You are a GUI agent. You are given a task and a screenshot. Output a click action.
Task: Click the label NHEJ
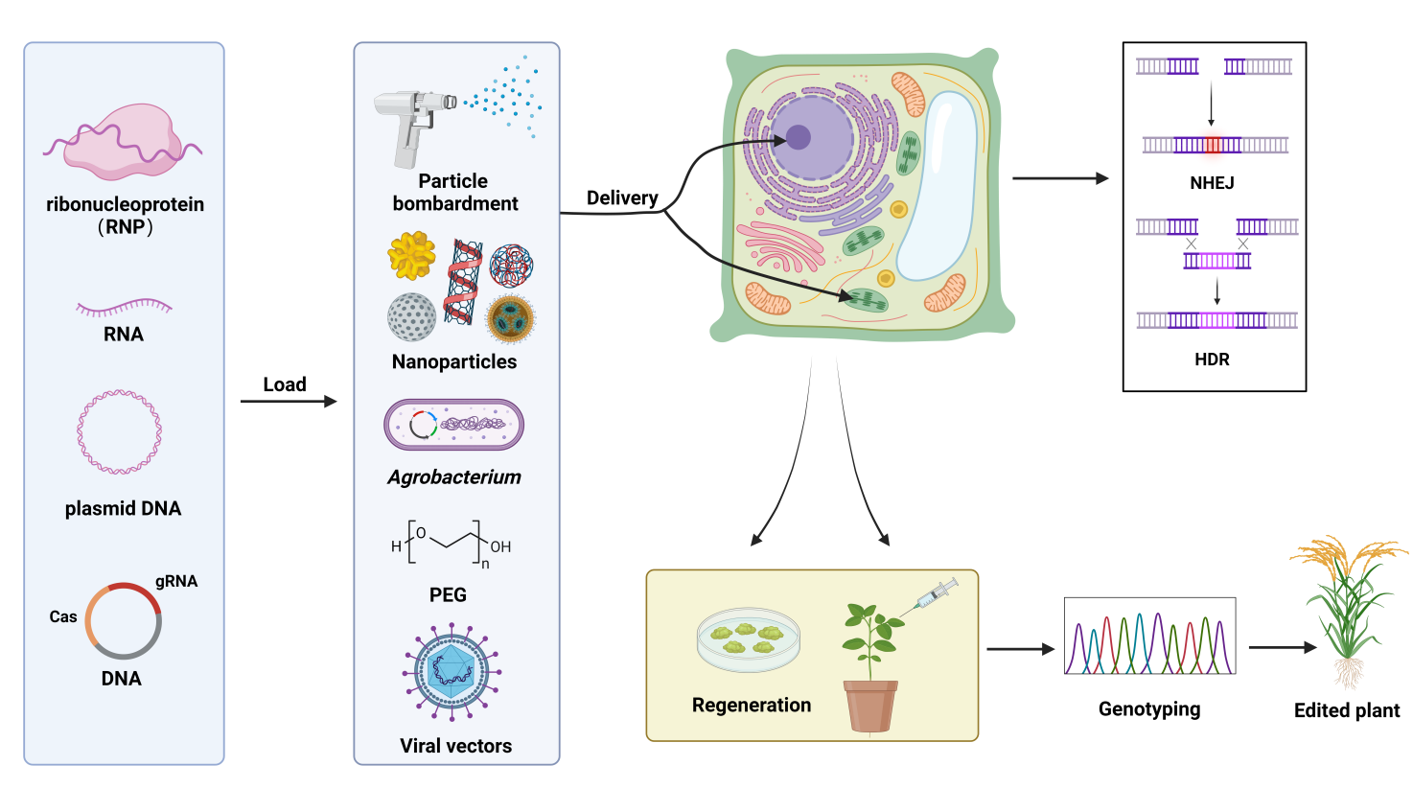[x=1212, y=183]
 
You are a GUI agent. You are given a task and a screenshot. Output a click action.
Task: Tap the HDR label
[x=1212, y=360]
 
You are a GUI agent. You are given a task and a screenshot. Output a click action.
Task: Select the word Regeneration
[x=752, y=706]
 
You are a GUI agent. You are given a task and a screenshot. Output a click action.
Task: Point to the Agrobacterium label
[x=454, y=477]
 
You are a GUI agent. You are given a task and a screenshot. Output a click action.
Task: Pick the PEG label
[x=448, y=595]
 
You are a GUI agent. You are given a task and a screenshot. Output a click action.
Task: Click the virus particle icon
[x=452, y=671]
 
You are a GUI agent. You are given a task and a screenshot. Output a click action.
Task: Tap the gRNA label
[x=176, y=581]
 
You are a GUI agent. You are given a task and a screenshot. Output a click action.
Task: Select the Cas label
[x=63, y=616]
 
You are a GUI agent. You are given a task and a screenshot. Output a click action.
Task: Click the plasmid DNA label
[x=123, y=508]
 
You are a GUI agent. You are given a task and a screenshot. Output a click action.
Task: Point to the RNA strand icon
[x=124, y=307]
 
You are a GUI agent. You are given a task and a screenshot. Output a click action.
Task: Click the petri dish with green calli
[x=748, y=638]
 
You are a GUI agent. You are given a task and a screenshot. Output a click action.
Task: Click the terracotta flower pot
[x=870, y=706]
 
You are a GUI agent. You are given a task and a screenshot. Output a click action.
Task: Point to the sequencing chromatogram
[x=1149, y=637]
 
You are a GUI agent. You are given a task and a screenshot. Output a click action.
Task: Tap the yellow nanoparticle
[x=412, y=256]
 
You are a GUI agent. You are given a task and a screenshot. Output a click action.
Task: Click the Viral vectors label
[x=455, y=746]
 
